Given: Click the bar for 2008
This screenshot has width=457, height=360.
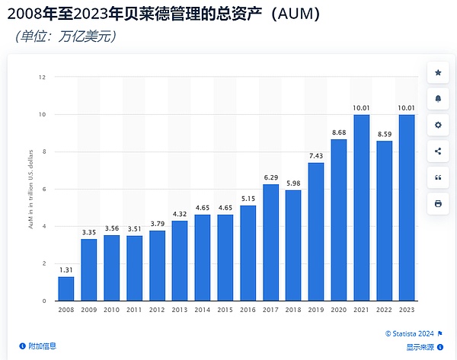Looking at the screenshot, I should (x=66, y=288).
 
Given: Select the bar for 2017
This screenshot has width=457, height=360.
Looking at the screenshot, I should (x=270, y=241).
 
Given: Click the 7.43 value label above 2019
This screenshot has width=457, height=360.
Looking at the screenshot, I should (x=316, y=155).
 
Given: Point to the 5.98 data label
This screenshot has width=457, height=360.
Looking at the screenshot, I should (x=293, y=183).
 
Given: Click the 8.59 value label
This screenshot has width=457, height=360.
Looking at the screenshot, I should (x=384, y=134).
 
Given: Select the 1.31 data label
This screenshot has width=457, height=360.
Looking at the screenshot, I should (x=66, y=269).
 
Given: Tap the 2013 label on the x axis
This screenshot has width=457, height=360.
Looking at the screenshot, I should (x=180, y=309).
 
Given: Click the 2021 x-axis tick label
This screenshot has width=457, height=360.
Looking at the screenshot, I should (x=361, y=309).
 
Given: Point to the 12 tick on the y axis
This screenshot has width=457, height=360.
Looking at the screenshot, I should (x=43, y=77).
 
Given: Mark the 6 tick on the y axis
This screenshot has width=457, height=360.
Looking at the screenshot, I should (x=44, y=189).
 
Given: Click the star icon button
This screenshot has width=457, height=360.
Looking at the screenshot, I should (x=437, y=72).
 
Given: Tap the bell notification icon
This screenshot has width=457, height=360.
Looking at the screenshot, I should (x=437, y=99).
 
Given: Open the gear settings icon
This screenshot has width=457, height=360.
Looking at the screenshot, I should (x=437, y=125).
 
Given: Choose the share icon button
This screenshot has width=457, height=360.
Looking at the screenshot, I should (x=437, y=151).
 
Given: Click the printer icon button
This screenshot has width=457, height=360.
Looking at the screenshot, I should (x=437, y=203).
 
